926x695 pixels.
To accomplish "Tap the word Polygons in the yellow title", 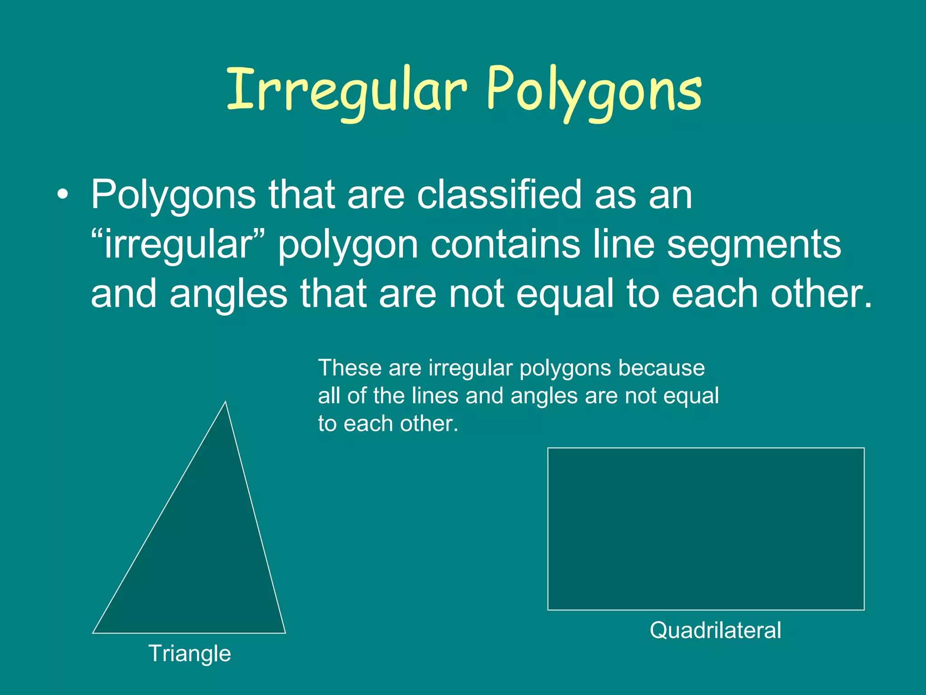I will click(x=594, y=90).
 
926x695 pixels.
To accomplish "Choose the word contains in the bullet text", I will click(x=505, y=244).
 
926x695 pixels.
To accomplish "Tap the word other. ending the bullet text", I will click(x=821, y=293).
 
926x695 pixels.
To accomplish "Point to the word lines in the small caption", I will click(x=435, y=395).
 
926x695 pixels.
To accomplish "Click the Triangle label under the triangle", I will click(x=189, y=653).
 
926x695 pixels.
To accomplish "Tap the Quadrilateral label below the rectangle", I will click(x=715, y=630).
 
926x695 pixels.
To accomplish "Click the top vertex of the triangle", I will click(x=225, y=402).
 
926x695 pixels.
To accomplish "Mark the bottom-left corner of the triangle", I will click(x=93, y=633).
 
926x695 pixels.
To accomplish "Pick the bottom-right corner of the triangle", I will click(x=285, y=633).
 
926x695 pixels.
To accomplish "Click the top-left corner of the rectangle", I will click(x=548, y=448).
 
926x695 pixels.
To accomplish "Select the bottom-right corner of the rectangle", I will click(x=864, y=609).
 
